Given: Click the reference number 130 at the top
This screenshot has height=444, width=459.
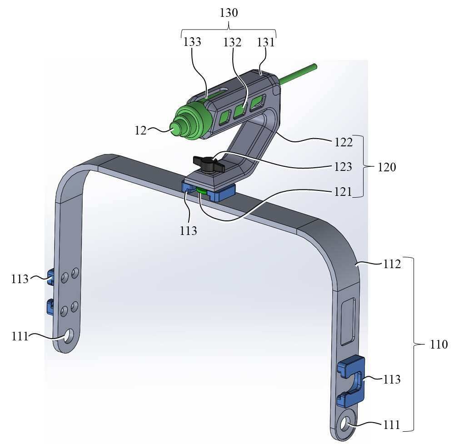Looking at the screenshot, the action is (229, 13).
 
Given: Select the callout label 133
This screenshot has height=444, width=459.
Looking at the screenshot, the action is (192, 42).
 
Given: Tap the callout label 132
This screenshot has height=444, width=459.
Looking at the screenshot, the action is (232, 43).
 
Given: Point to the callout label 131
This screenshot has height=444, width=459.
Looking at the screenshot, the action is (266, 43).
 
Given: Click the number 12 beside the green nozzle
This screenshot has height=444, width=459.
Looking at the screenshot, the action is (140, 130).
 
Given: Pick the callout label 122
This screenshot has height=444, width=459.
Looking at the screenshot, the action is (344, 143).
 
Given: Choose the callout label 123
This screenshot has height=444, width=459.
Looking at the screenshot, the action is (343, 167).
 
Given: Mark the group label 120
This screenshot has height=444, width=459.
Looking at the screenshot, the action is (387, 167).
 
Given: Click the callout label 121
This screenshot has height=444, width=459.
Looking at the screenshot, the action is (343, 192).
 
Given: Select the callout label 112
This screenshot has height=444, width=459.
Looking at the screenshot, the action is (392, 264).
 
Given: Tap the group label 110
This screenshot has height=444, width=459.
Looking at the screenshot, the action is (439, 344).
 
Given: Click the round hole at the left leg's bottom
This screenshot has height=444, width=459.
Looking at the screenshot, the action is (70, 335).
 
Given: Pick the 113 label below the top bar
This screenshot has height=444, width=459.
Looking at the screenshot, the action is (188, 231).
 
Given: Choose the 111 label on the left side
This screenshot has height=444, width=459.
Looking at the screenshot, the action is (20, 337).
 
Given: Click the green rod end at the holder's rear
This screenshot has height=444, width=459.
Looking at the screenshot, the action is (314, 66).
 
